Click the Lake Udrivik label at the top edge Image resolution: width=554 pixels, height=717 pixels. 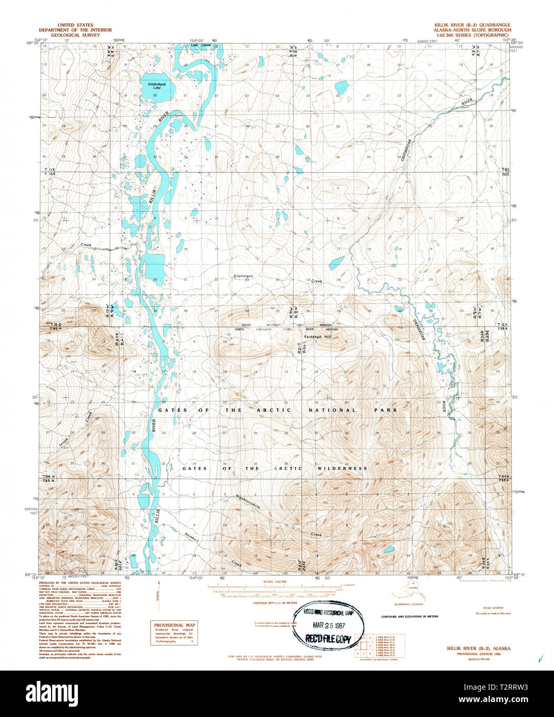pyautogui.click(x=201, y=45)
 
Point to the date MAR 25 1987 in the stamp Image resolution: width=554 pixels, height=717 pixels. pyautogui.click(x=329, y=625)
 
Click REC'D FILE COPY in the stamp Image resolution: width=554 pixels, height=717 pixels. pyautogui.click(x=329, y=639)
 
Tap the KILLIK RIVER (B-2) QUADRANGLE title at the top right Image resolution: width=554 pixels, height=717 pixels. pyautogui.click(x=471, y=25)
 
